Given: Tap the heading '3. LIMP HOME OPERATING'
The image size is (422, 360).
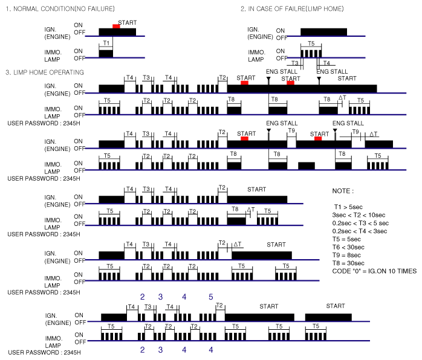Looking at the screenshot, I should [x=44, y=72].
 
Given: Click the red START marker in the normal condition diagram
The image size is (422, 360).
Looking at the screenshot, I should [x=116, y=26].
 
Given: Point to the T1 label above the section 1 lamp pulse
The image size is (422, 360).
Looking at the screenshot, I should [x=106, y=43].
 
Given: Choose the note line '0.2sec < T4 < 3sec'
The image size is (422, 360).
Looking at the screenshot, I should [x=361, y=231].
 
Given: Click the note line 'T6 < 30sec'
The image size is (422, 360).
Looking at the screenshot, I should [x=350, y=247].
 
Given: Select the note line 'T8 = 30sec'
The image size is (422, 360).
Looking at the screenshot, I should [x=350, y=263].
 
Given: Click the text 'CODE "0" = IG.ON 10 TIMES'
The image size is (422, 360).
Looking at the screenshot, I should [x=371, y=271].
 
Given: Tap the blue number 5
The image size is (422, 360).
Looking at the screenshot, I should [x=211, y=297].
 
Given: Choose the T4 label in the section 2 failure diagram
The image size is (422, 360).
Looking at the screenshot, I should [x=326, y=63].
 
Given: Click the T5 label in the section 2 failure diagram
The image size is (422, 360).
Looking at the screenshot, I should [x=311, y=43].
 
